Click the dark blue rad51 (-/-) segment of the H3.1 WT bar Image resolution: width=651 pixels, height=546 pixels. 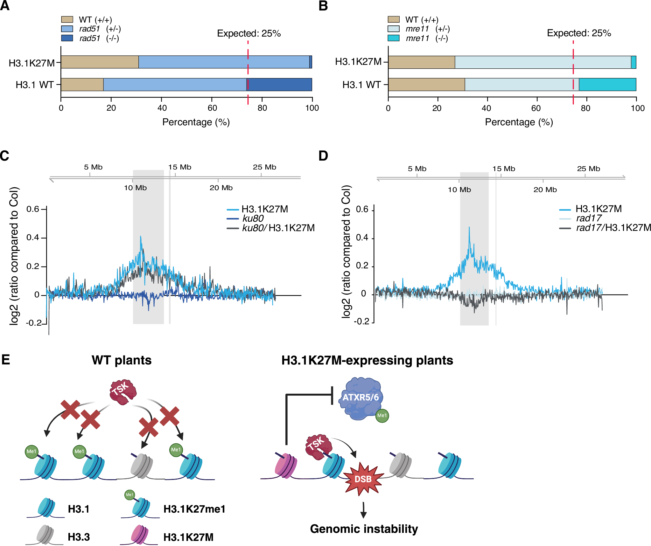click(x=279, y=85)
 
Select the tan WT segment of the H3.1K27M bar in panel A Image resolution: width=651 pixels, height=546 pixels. click(x=100, y=62)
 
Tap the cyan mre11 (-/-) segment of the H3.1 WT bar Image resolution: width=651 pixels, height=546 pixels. click(x=607, y=85)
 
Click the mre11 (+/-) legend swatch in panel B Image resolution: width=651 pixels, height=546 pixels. click(x=393, y=29)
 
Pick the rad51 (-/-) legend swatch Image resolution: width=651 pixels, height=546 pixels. click(x=67, y=38)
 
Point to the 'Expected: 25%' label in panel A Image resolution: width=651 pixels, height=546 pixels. click(x=249, y=33)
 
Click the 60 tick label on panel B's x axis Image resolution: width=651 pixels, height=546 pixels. click(x=536, y=108)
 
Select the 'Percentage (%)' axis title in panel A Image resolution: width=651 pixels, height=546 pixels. click(x=196, y=122)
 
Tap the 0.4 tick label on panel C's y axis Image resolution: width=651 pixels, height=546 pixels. click(x=33, y=238)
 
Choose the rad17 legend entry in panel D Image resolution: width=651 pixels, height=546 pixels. click(x=588, y=218)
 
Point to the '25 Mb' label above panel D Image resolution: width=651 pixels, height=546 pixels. click(x=588, y=169)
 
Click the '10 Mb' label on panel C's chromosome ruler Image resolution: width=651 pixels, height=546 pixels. click(x=135, y=188)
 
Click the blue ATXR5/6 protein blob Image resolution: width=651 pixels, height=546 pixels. click(x=361, y=398)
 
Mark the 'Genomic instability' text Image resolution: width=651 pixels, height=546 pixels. click(x=364, y=529)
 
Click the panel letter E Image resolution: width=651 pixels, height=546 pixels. click(x=6, y=360)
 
